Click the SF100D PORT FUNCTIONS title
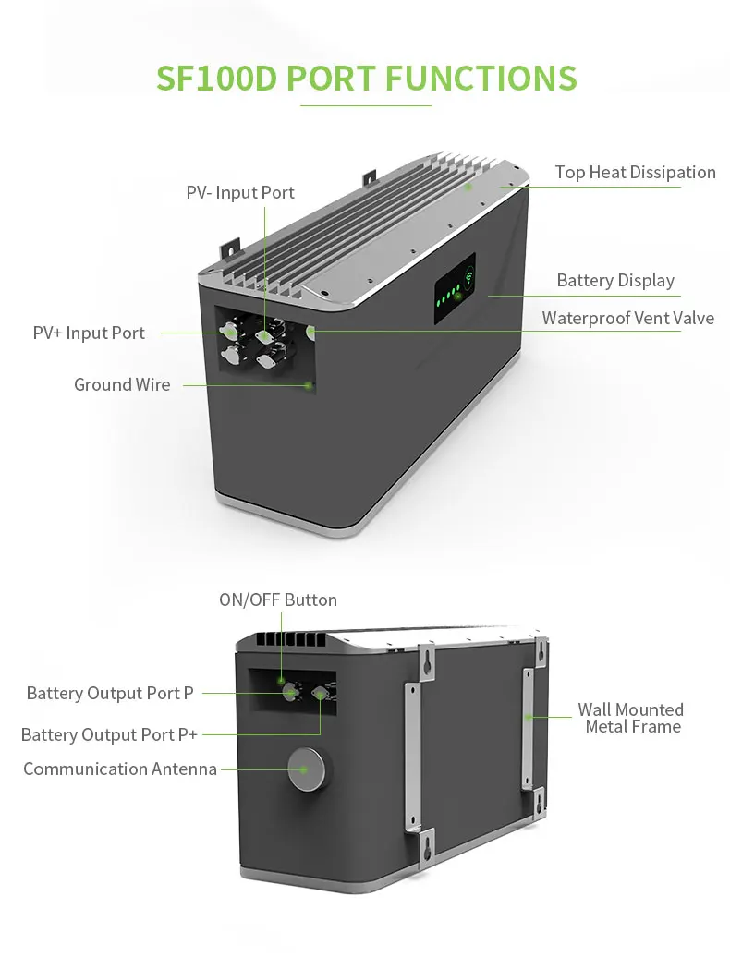click(x=366, y=78)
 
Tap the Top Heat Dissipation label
click(x=635, y=173)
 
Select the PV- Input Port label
click(x=240, y=193)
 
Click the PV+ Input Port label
click(x=89, y=333)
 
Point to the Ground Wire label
click(x=122, y=385)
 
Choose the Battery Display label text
click(x=615, y=281)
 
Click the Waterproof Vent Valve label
click(x=627, y=319)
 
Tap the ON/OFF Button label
click(x=277, y=600)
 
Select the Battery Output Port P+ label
click(x=109, y=735)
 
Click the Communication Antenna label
click(x=120, y=769)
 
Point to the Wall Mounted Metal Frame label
click(x=632, y=719)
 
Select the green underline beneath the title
click(x=366, y=105)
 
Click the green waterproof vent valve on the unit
click(x=311, y=331)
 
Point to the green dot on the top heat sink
click(x=468, y=187)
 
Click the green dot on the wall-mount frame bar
click(x=529, y=717)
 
